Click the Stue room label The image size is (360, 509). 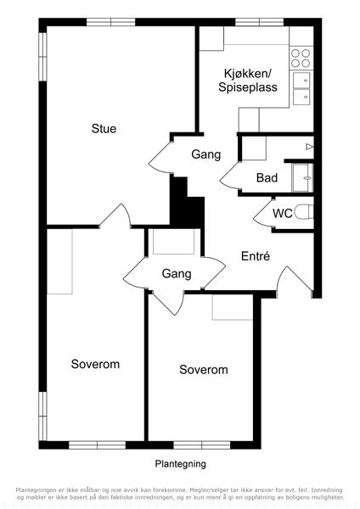pyautogui.click(x=104, y=129)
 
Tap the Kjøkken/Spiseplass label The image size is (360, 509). pyautogui.click(x=248, y=81)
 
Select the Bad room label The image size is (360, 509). pyautogui.click(x=267, y=178)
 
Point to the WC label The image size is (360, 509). pyautogui.click(x=283, y=214)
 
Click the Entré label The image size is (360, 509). pyautogui.click(x=256, y=256)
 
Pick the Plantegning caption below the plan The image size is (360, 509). pyautogui.click(x=180, y=464)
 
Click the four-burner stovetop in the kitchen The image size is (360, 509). pyautogui.click(x=301, y=58)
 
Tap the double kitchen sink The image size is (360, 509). pyautogui.click(x=301, y=88)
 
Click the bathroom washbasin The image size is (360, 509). pyautogui.click(x=302, y=178)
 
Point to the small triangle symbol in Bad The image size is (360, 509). pyautogui.click(x=309, y=147)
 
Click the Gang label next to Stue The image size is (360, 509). pyautogui.click(x=206, y=154)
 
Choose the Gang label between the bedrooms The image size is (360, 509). pyautogui.click(x=177, y=274)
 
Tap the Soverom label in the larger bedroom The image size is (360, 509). pyautogui.click(x=95, y=364)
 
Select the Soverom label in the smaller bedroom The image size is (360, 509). pyautogui.click(x=204, y=370)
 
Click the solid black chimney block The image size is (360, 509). pyautogui.click(x=187, y=203)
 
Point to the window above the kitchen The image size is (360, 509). pyautogui.click(x=259, y=22)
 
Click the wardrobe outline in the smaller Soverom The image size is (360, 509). pyautogui.click(x=233, y=307)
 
